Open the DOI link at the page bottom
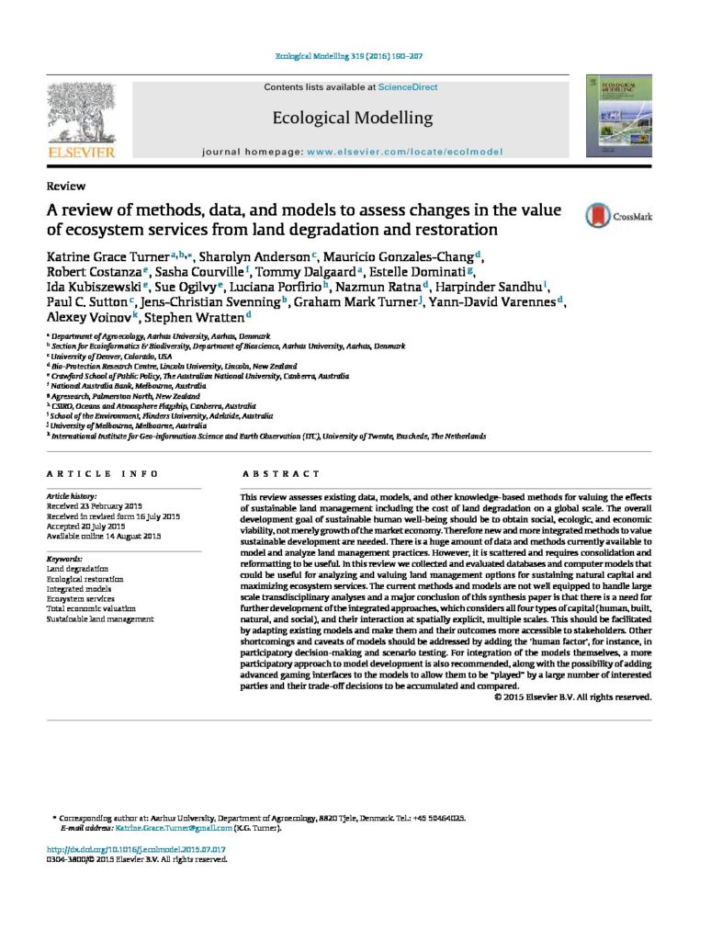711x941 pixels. pyautogui.click(x=136, y=850)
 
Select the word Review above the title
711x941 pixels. pyautogui.click(x=65, y=187)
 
